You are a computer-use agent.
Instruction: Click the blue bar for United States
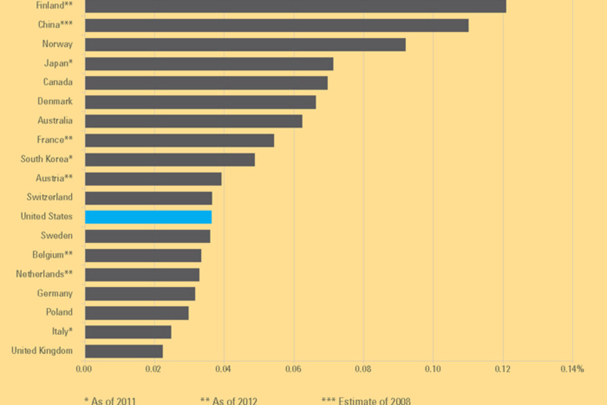pyautogui.click(x=148, y=217)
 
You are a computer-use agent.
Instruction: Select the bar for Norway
pyautogui.click(x=245, y=45)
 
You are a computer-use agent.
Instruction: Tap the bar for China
pyautogui.click(x=277, y=25)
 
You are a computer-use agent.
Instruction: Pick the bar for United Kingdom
pyautogui.click(x=124, y=351)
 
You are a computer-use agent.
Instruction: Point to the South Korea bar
pyautogui.click(x=170, y=159)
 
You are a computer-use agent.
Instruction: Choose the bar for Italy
pyautogui.click(x=128, y=332)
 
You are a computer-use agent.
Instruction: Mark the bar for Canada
pyautogui.click(x=206, y=83)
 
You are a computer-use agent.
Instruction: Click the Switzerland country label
pyautogui.click(x=50, y=197)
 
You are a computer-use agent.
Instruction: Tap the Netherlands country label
pyautogui.click(x=44, y=274)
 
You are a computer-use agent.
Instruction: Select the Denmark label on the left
pyautogui.click(x=55, y=101)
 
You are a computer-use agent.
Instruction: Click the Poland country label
pyautogui.click(x=59, y=312)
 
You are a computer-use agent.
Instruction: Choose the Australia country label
pyautogui.click(x=55, y=120)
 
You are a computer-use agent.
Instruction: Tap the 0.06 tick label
pyautogui.click(x=293, y=369)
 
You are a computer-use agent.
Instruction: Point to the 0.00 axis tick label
pyautogui.click(x=84, y=369)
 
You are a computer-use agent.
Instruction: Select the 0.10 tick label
pyautogui.click(x=433, y=369)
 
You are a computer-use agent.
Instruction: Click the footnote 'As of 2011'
pyautogui.click(x=110, y=401)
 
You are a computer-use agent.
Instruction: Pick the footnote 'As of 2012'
pyautogui.click(x=229, y=401)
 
